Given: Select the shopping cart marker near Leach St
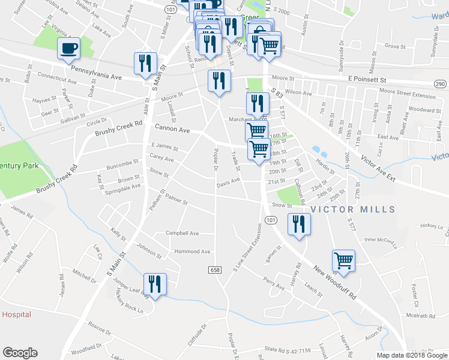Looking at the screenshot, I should pos(344,260).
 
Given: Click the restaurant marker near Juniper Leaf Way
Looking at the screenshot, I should pos(155,284).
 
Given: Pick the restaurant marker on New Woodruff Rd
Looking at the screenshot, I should pos(298,224).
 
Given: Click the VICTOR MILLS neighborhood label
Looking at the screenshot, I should pos(353,209).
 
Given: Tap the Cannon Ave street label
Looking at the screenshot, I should pos(172,129).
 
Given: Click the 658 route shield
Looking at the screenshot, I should pos(215,270).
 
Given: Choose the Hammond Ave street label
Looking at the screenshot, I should pos(192,251).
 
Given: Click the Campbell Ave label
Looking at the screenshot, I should pos(182,233).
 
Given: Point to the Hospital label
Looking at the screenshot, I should pos(16,314).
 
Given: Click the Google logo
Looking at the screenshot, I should pos(20,353).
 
